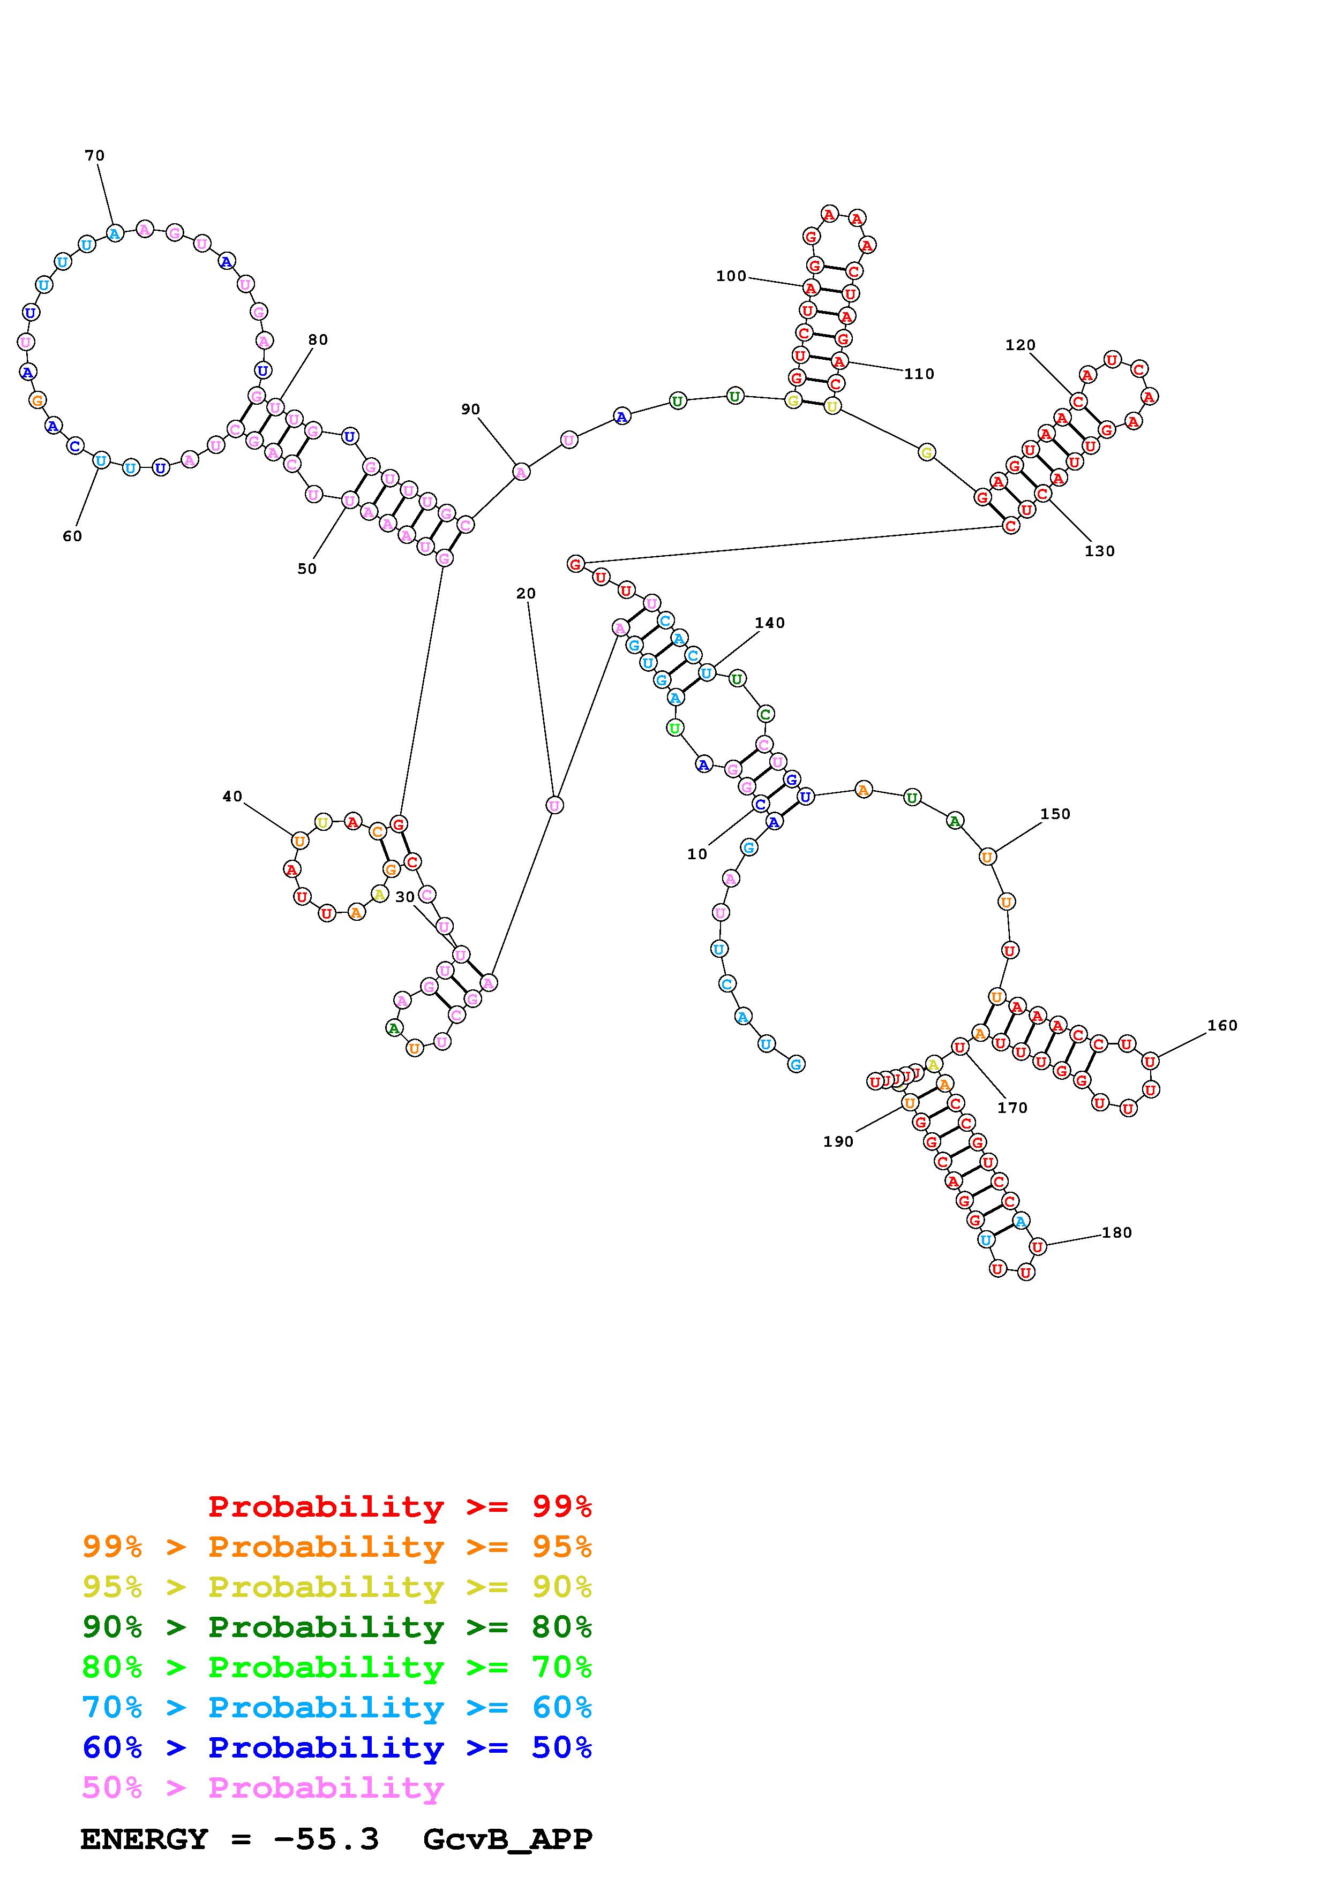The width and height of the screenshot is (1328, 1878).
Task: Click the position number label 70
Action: click(x=95, y=155)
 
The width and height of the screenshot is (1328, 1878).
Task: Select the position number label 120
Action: click(x=1021, y=345)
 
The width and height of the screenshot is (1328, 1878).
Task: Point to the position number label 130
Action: click(x=1100, y=551)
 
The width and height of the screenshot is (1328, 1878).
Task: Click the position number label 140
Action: click(x=769, y=623)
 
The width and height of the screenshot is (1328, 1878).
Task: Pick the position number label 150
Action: click(x=1055, y=814)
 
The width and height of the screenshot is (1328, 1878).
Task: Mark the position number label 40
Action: click(x=232, y=797)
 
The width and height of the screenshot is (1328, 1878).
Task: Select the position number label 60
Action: click(x=72, y=536)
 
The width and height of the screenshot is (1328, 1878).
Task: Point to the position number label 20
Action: click(x=526, y=594)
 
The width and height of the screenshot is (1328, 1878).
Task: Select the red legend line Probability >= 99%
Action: click(x=400, y=1506)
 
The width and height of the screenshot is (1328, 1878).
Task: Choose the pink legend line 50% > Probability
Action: click(x=262, y=1788)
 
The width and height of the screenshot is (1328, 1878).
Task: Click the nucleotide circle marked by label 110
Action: click(x=838, y=361)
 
